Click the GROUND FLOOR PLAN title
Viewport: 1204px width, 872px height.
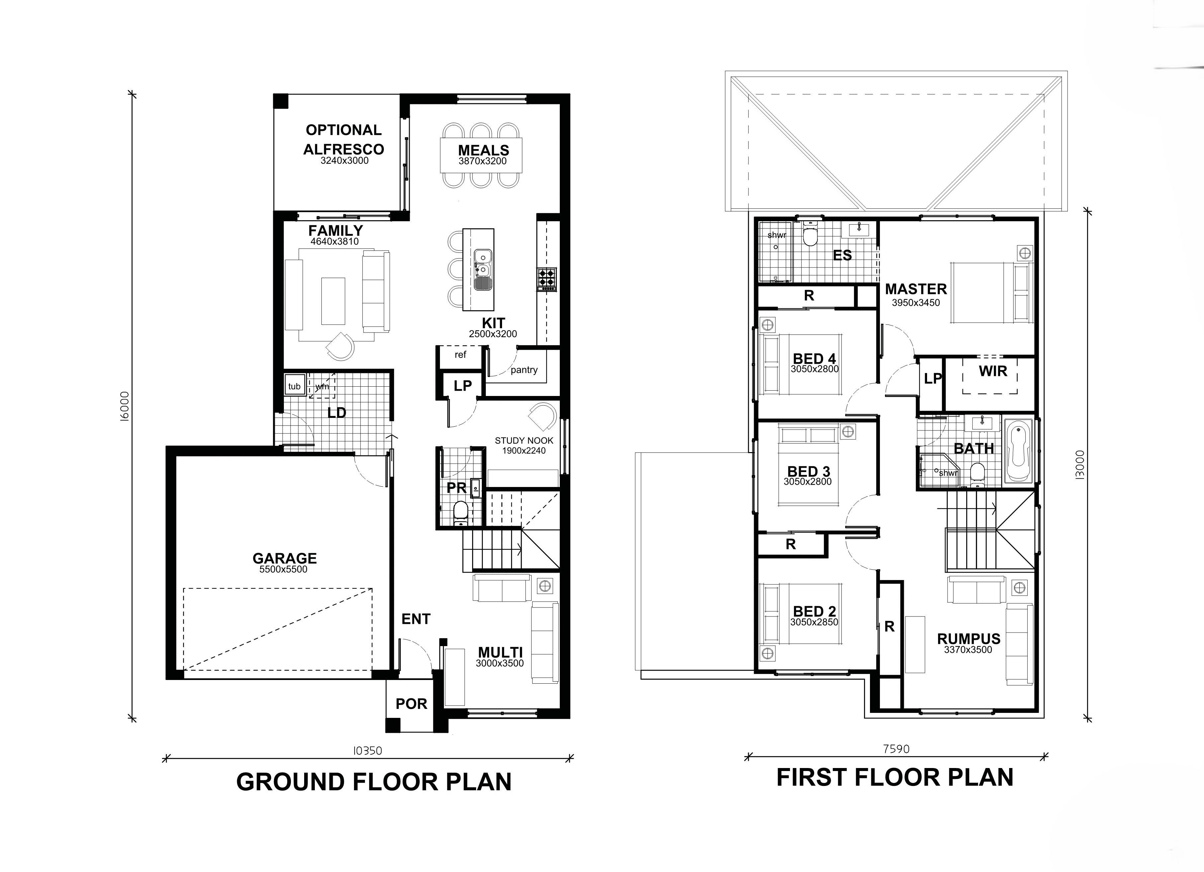pos(374,782)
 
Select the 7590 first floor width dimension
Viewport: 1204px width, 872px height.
pos(896,749)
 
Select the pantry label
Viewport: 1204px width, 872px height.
pos(524,370)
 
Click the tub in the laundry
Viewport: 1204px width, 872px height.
pos(294,386)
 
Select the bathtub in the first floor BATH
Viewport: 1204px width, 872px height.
pos(1018,450)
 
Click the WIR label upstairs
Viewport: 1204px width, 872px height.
pos(993,371)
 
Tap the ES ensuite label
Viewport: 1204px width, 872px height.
pos(842,255)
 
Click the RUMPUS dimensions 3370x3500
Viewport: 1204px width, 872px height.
pos(968,649)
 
